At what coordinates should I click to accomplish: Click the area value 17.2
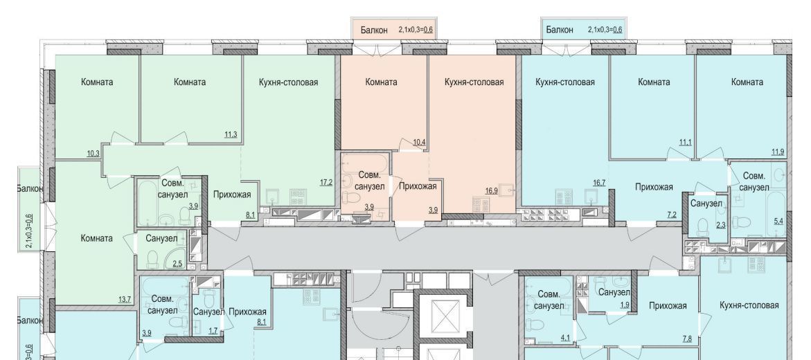tap(326, 183)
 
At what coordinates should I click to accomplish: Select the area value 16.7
tap(599, 183)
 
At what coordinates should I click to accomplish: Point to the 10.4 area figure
tap(419, 142)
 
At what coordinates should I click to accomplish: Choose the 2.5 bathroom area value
tap(177, 264)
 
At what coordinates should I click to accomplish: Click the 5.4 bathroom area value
tap(778, 222)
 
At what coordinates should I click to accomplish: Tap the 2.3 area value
tap(720, 225)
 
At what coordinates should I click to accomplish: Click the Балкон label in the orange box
tap(374, 30)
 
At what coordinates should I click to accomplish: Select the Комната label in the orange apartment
tap(381, 82)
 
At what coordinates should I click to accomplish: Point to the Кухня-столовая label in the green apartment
tap(288, 82)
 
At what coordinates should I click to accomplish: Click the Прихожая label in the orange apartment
tap(418, 186)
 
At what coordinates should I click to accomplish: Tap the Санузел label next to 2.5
tap(161, 238)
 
